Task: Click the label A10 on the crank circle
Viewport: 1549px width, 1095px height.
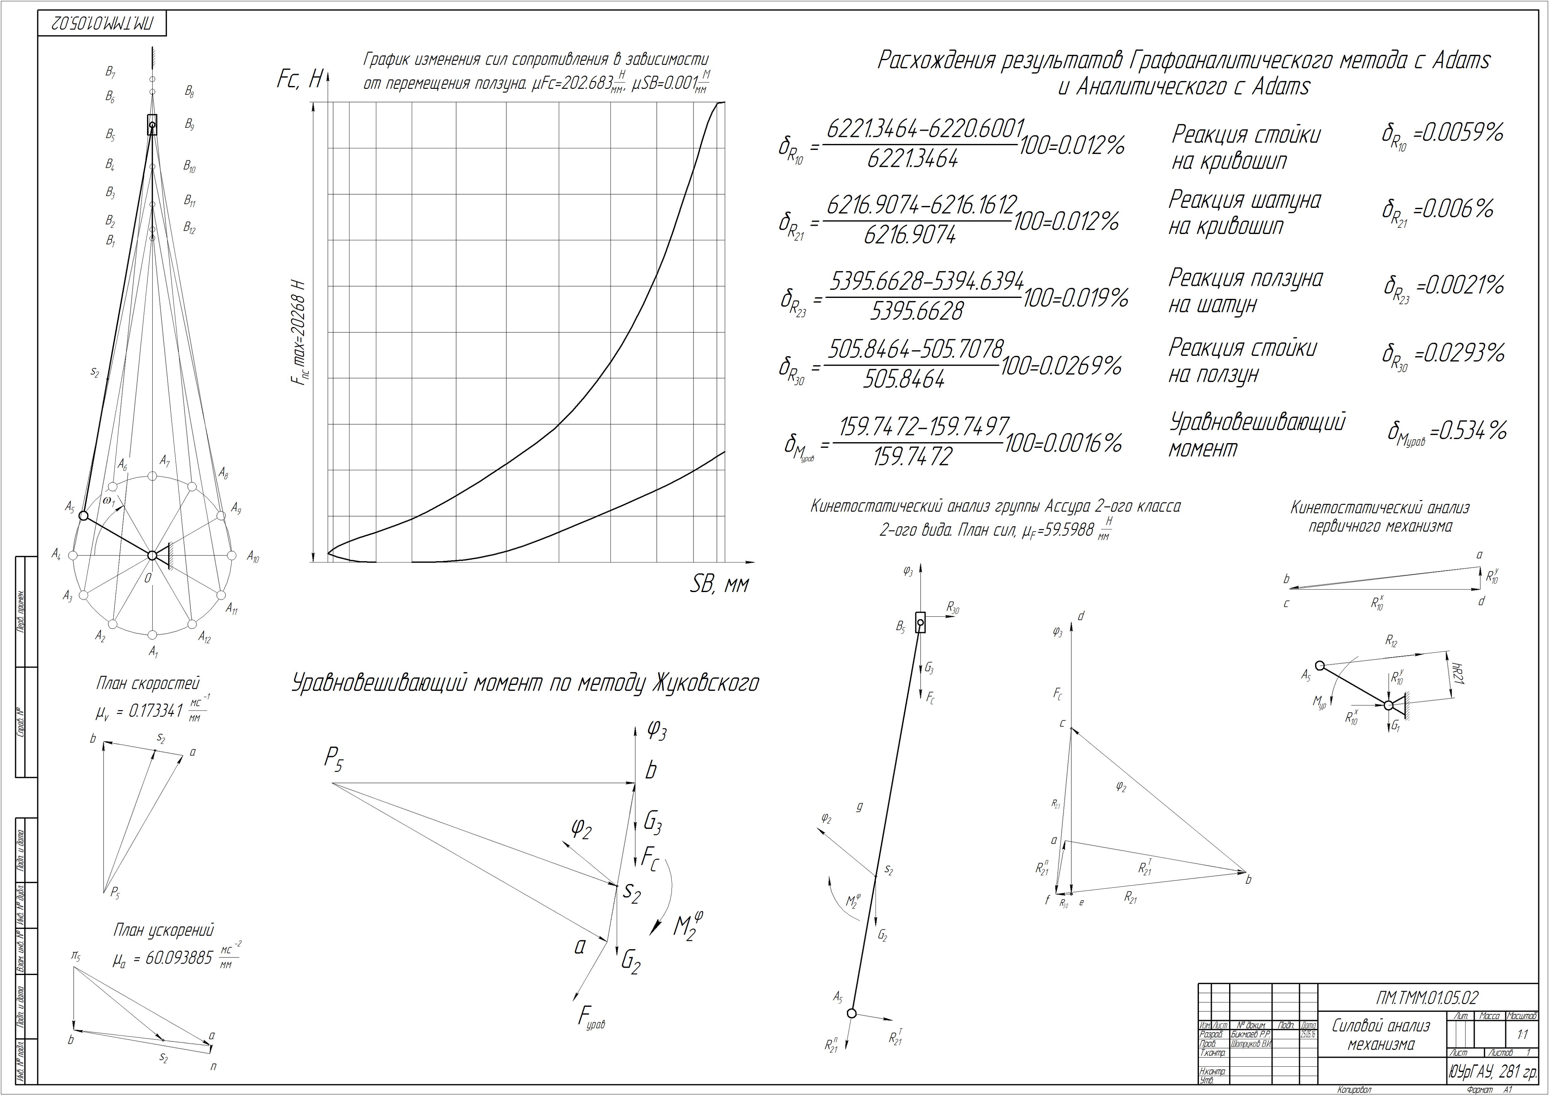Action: tap(252, 557)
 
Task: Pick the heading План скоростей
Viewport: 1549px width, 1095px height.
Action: tap(148, 683)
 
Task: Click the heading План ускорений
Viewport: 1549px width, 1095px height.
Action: tap(163, 930)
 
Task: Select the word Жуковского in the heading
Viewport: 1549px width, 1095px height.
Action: tap(706, 683)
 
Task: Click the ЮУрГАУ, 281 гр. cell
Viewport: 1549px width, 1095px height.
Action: tap(1491, 1071)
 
